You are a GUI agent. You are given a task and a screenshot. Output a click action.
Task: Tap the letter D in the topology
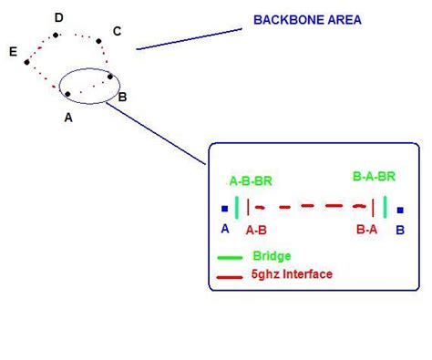point(59,17)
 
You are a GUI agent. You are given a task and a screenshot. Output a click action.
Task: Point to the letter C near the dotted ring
point(117,32)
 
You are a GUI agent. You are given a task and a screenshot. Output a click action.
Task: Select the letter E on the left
point(13,53)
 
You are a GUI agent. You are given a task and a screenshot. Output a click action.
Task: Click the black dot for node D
point(57,35)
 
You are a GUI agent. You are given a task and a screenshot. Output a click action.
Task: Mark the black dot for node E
point(27,60)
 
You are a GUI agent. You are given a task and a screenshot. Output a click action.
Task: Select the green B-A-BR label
point(374,176)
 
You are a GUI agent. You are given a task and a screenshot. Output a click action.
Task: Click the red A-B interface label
point(255,231)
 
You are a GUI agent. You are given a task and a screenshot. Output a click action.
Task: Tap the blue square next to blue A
point(224,209)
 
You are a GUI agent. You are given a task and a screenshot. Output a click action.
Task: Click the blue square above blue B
point(400,210)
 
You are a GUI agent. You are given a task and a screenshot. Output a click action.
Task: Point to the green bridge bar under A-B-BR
point(237,207)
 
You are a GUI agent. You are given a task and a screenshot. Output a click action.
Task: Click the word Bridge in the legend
point(272,256)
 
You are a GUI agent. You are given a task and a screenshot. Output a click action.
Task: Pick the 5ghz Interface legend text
point(292,273)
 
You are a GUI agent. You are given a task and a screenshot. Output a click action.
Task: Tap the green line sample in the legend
point(230,257)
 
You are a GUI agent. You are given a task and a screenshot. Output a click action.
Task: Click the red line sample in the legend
point(230,273)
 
